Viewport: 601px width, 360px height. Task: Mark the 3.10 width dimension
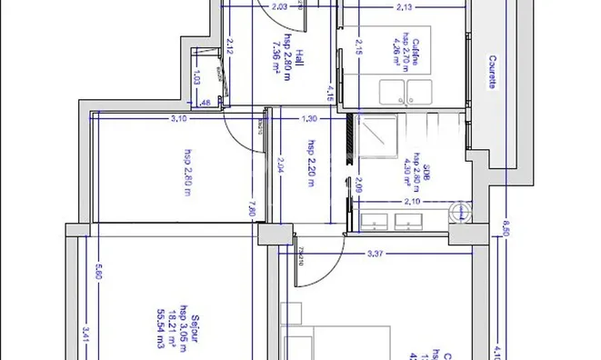pyautogui.click(x=178, y=118)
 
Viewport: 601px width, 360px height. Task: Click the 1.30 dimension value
pyautogui.click(x=309, y=118)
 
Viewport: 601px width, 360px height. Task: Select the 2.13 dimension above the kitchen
pyautogui.click(x=405, y=7)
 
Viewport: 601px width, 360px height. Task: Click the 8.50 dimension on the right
pyautogui.click(x=506, y=231)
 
